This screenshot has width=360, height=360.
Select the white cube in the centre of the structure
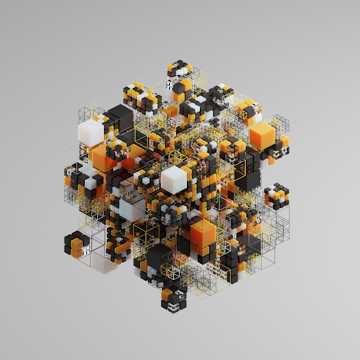click(x=175, y=179)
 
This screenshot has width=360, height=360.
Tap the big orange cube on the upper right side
click(x=262, y=137)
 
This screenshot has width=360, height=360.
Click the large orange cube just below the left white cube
click(x=104, y=158)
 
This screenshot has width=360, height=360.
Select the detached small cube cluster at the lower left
click(x=77, y=244)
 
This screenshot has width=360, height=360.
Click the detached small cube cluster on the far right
click(x=276, y=196)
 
